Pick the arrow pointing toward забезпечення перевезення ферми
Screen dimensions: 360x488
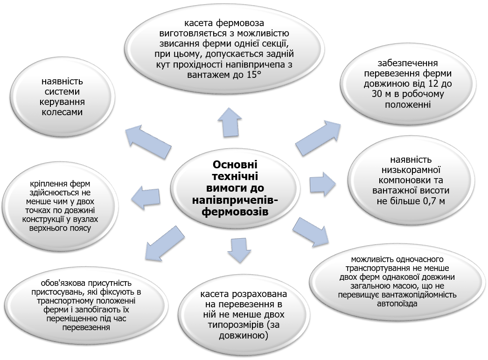(x=319, y=136)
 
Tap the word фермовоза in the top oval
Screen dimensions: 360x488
(x=245, y=23)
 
